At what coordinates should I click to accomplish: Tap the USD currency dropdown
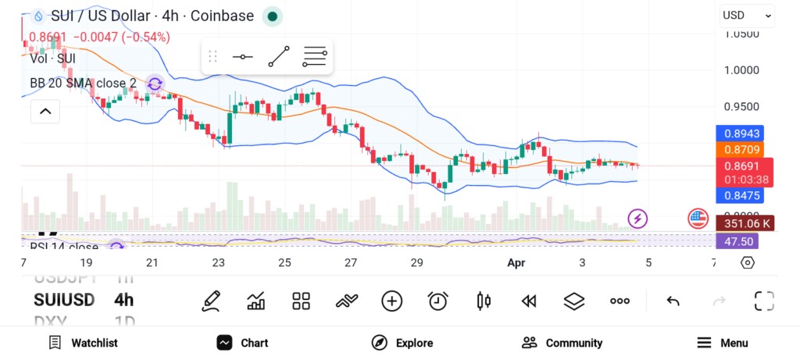(x=746, y=15)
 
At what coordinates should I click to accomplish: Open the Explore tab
(x=402, y=343)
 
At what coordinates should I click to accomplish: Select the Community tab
(x=562, y=343)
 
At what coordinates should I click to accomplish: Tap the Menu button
(x=722, y=343)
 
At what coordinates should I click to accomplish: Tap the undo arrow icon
(x=673, y=301)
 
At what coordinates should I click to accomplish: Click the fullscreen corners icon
(x=764, y=301)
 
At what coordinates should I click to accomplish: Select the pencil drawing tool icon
(x=210, y=301)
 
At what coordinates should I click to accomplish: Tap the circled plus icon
(x=392, y=301)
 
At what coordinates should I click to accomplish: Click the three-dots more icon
(x=620, y=301)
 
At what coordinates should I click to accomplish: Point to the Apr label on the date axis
(x=516, y=263)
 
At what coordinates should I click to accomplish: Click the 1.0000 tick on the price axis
(x=741, y=70)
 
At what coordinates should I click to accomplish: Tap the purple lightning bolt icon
(x=638, y=219)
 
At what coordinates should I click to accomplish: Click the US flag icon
(x=698, y=219)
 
